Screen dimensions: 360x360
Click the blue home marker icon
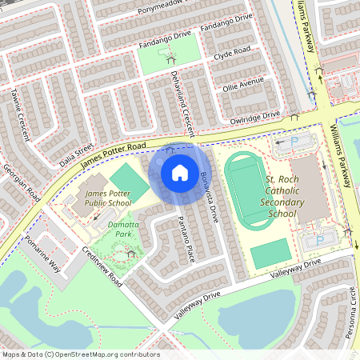point(180,173)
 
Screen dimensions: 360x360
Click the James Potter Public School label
point(108,198)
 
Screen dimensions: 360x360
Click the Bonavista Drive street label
point(210,194)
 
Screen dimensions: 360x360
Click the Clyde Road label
point(232,55)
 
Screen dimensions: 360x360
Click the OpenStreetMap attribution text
point(80,354)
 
